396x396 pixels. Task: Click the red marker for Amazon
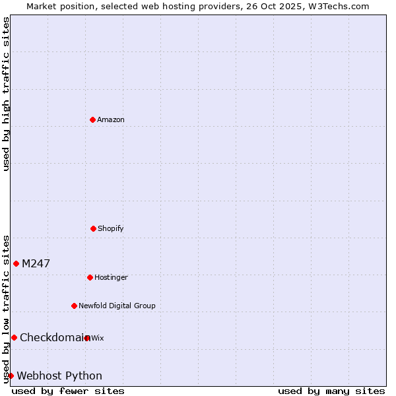(92, 119)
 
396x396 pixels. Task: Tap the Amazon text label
(111, 119)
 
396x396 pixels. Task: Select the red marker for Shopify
(93, 228)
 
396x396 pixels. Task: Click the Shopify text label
(111, 228)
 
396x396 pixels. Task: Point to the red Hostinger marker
(90, 277)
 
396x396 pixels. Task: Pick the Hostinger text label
(111, 277)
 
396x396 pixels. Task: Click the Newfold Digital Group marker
(74, 306)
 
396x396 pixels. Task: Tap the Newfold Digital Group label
(117, 306)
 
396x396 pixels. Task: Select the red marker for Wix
(87, 338)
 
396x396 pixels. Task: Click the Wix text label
(98, 338)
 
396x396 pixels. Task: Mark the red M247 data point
(16, 263)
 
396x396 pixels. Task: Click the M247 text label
(36, 263)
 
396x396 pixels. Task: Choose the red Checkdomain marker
(14, 337)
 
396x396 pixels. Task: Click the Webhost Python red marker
(11, 376)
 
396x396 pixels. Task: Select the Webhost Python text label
(59, 376)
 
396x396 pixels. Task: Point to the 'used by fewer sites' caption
(68, 391)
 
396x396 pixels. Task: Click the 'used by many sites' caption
(331, 391)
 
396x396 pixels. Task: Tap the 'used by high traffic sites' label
(6, 94)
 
